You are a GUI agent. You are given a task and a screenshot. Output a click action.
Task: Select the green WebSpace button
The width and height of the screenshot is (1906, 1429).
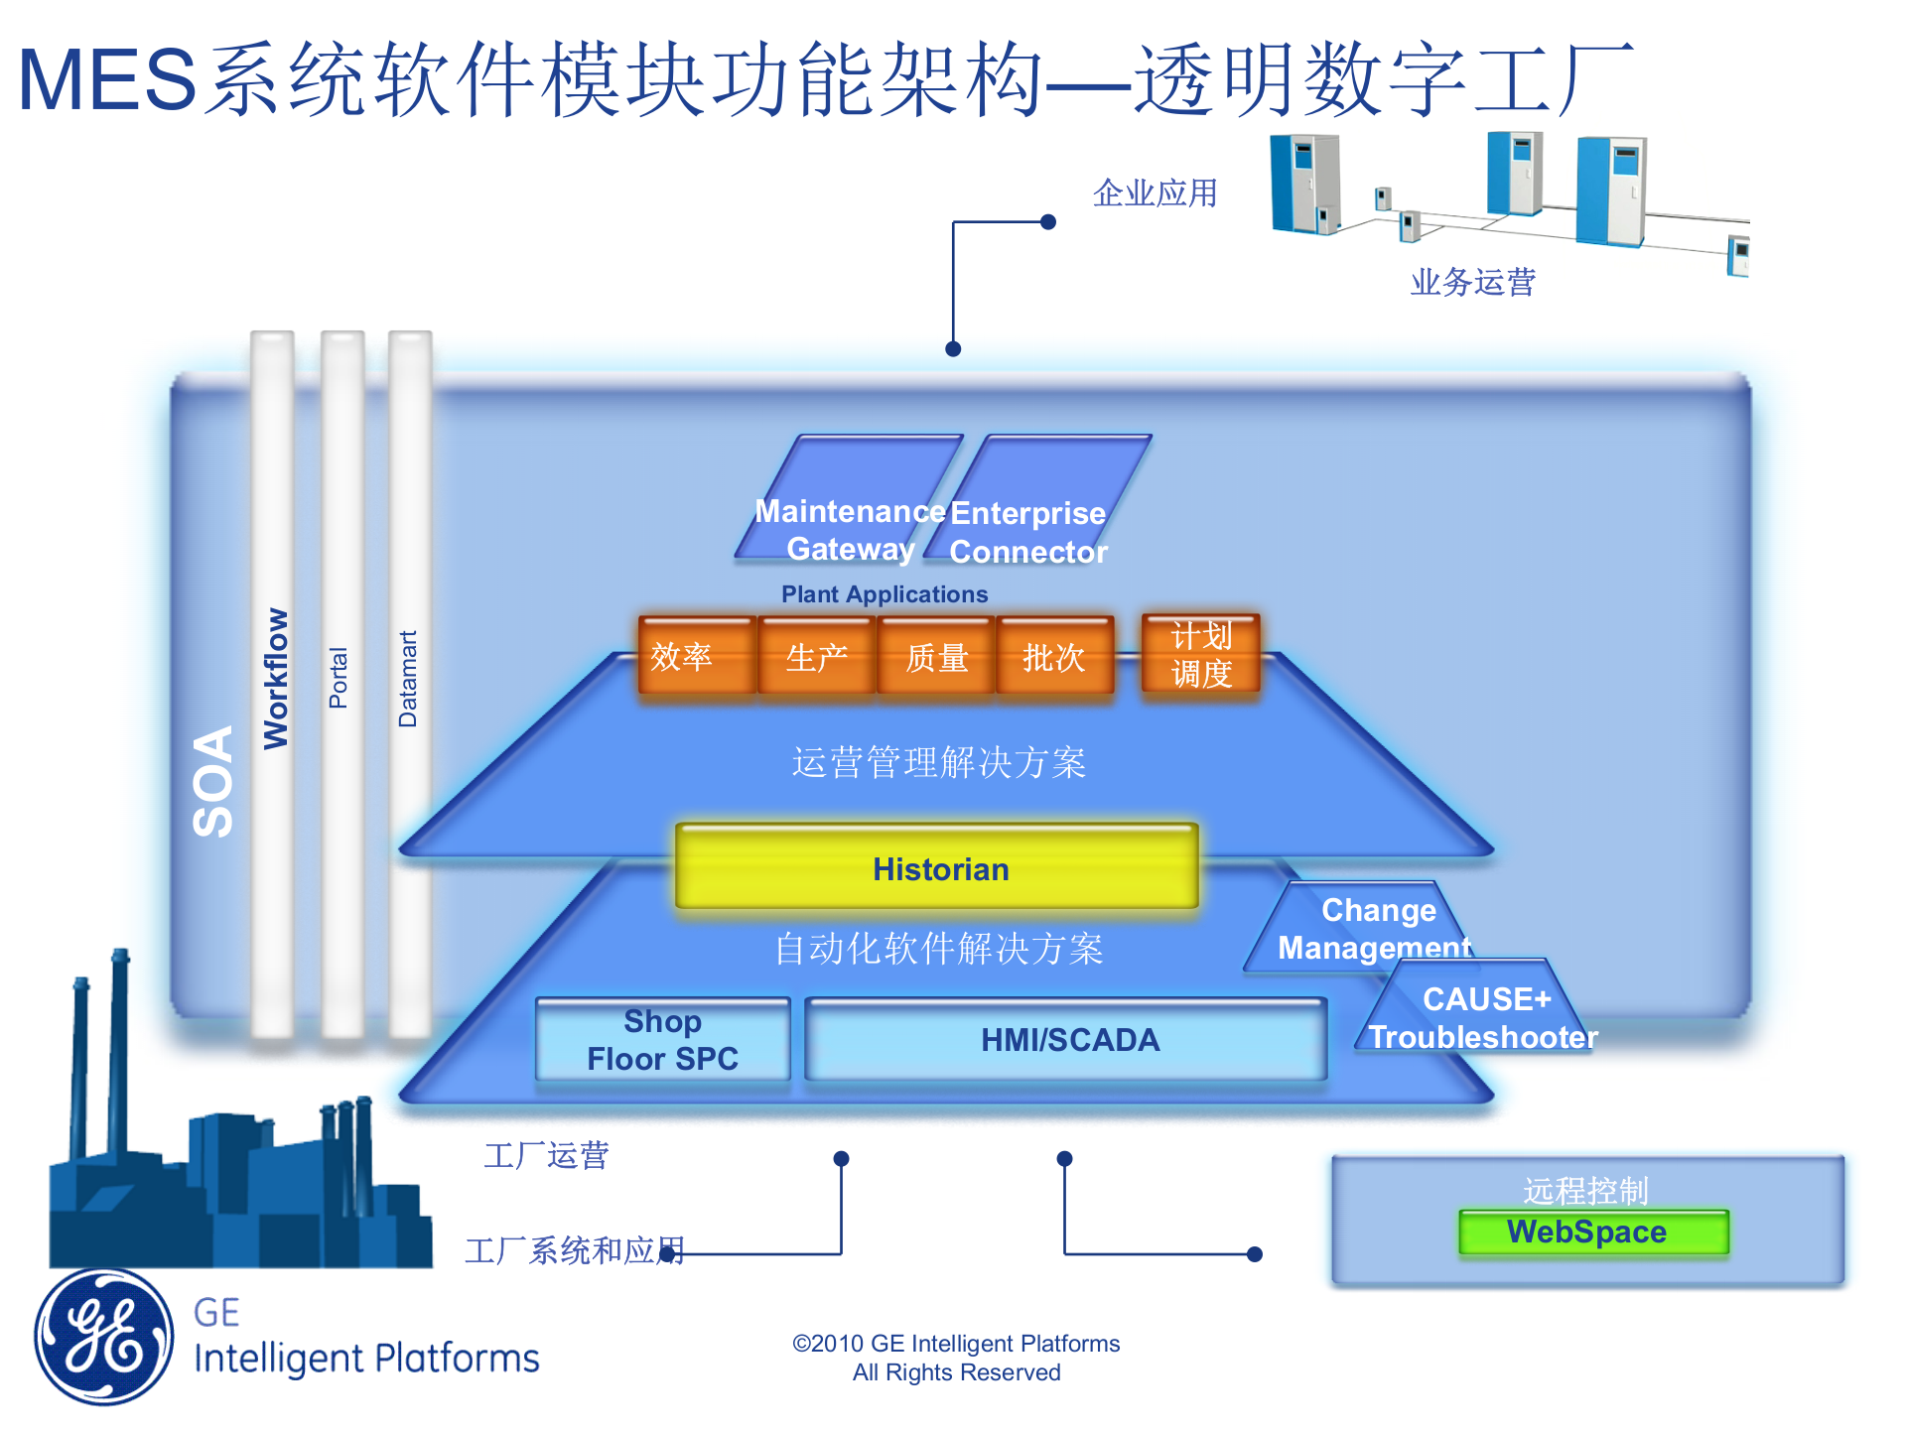coord(1592,1232)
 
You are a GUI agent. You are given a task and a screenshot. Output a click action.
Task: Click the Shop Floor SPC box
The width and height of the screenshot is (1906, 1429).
coord(662,1039)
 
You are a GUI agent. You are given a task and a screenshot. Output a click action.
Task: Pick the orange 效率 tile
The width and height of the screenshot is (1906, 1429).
coord(696,656)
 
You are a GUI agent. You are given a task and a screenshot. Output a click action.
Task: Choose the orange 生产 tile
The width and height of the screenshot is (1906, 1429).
coord(816,656)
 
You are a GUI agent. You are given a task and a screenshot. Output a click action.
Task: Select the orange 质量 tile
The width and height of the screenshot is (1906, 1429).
coord(935,656)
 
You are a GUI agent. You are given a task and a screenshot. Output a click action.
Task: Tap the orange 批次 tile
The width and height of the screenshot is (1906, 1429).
coord(1054,656)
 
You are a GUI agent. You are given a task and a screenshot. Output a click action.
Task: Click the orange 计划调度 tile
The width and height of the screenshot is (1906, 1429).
coord(1200,653)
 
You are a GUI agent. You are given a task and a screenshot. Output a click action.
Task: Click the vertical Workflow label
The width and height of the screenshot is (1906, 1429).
coord(275,679)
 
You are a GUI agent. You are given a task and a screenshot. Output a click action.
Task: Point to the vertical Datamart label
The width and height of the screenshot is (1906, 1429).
coord(408,679)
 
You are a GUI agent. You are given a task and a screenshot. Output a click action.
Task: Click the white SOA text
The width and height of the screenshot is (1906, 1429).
coord(212,781)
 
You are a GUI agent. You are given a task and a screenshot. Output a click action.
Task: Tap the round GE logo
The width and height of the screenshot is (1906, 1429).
coord(103,1336)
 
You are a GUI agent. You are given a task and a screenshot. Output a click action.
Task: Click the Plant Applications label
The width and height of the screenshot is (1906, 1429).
coord(884,594)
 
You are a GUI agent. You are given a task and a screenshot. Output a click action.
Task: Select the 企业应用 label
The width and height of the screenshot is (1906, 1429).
coord(1155,193)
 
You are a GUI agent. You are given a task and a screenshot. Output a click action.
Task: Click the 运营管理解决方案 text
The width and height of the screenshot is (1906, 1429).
coord(938,762)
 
